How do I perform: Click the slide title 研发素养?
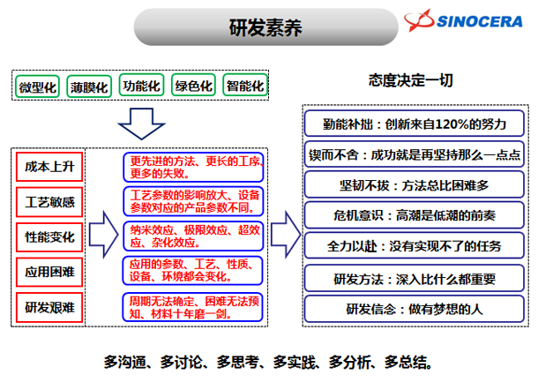point(264,28)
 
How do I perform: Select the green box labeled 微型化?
point(38,86)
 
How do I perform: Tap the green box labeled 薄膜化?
point(89,86)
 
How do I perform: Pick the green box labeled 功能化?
point(142,86)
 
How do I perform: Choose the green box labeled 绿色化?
point(193,86)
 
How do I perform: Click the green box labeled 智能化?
point(245,86)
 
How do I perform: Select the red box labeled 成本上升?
point(50,166)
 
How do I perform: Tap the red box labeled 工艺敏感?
point(50,202)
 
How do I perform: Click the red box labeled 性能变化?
point(50,236)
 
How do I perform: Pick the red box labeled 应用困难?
point(50,273)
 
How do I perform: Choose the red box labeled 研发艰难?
point(50,308)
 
